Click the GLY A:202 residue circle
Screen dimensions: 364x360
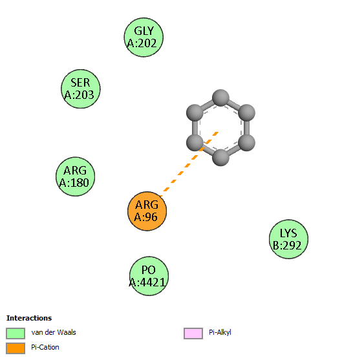tap(144, 37)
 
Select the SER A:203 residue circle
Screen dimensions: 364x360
tap(81, 89)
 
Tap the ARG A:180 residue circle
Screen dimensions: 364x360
tap(75, 176)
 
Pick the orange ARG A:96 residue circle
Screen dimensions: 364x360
tap(147, 211)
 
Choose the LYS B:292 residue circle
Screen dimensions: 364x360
tap(288, 239)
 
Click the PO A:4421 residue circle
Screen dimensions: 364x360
tap(149, 276)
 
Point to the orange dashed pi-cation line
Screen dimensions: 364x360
tap(189, 164)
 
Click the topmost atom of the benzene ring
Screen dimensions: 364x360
tap(220, 98)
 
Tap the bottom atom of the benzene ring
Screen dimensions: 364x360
tap(220, 158)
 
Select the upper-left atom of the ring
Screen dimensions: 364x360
tap(195, 113)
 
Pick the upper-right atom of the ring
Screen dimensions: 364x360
tap(247, 113)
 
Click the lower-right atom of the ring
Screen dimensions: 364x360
tap(247, 143)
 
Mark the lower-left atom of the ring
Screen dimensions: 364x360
tap(195, 143)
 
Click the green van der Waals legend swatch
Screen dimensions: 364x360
tap(16, 334)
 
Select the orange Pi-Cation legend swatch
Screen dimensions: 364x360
tap(16, 348)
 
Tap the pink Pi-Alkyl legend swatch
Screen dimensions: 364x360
tap(193, 334)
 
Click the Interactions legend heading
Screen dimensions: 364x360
tap(29, 318)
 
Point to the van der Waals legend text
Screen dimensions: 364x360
tap(54, 332)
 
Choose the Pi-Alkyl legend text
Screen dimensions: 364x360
tap(220, 333)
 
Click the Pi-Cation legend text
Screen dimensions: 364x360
tap(45, 347)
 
